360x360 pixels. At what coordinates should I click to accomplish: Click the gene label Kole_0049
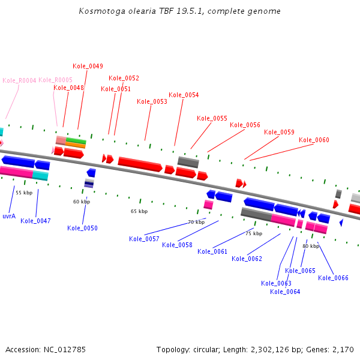88,66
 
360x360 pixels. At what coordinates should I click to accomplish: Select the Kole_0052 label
124,78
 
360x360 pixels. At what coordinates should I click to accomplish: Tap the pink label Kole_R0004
20,80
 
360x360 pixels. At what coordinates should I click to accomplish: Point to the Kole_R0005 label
55,80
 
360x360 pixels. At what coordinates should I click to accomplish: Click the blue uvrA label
9,216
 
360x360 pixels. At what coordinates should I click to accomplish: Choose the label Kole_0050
82,228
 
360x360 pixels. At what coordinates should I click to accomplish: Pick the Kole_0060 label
314,140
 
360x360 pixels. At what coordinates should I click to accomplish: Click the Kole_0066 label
333,277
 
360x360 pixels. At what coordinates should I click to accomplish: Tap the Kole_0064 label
285,292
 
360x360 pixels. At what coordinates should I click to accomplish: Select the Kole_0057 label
144,239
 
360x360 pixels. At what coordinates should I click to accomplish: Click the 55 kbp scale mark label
24,193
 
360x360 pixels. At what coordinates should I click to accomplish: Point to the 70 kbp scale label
196,222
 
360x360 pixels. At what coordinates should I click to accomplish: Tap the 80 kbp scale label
311,246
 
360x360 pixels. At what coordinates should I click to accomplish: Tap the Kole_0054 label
184,95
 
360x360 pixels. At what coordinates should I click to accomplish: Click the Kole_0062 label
247,259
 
